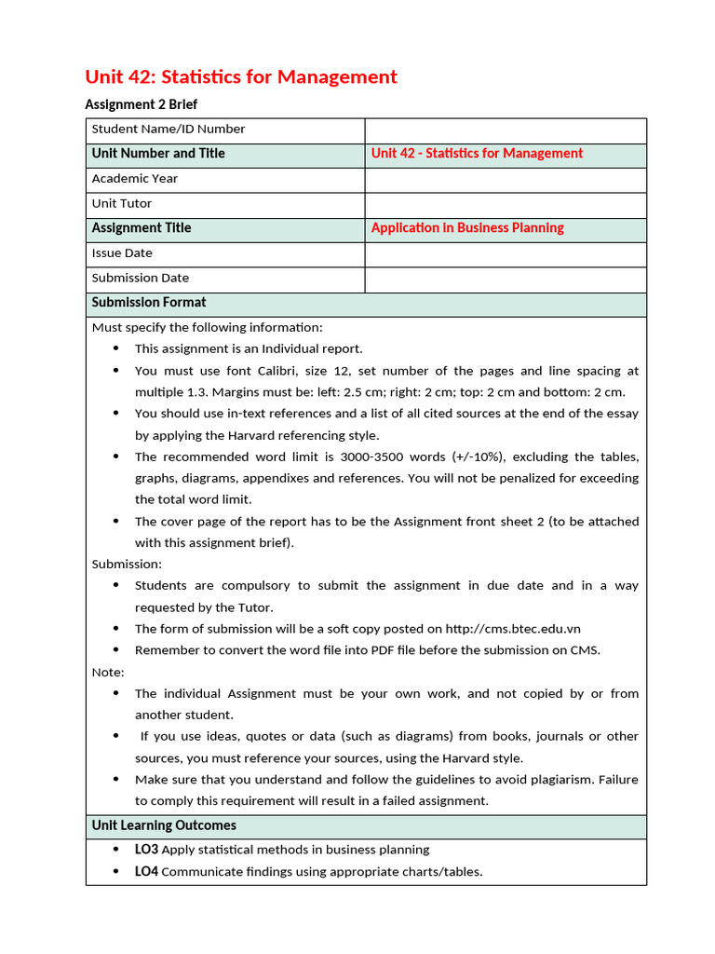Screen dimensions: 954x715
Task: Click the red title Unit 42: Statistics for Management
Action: point(241,76)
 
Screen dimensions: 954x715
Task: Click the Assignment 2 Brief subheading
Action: point(142,104)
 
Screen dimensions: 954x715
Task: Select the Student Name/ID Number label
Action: point(169,129)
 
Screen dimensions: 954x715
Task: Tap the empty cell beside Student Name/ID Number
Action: point(505,130)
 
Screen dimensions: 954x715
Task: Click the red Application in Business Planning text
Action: point(467,228)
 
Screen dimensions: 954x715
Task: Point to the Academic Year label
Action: point(135,179)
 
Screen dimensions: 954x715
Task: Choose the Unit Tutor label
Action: point(122,204)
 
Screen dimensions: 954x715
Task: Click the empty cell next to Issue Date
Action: point(505,254)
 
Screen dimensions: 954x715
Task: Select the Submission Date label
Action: point(141,279)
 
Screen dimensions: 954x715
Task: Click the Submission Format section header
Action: point(149,303)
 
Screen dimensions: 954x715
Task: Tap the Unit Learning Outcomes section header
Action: point(164,825)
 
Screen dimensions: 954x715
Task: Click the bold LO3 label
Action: point(147,850)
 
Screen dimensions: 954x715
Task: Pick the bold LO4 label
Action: point(147,872)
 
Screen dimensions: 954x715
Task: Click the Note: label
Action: point(108,672)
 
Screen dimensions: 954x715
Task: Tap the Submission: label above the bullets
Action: point(127,564)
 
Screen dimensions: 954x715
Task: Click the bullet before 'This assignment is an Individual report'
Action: point(116,348)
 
